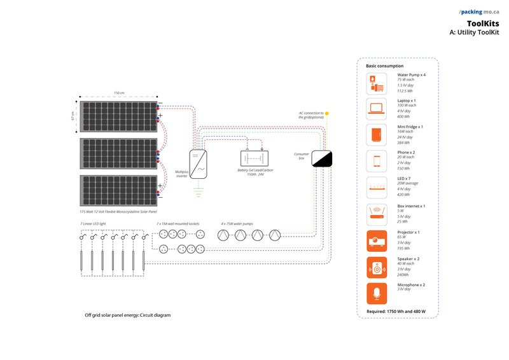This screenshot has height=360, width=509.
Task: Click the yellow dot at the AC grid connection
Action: [327, 113]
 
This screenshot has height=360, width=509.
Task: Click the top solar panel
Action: [118, 116]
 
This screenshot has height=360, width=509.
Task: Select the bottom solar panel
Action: [118, 190]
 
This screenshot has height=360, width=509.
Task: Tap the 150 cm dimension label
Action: [118, 93]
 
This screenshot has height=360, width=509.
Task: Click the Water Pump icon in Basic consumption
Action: [376, 83]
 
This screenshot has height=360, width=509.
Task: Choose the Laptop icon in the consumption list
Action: [376, 109]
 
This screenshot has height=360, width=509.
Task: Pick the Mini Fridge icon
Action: [376, 135]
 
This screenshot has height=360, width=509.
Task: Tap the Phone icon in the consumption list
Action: [376, 161]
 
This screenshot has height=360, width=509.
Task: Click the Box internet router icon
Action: [376, 214]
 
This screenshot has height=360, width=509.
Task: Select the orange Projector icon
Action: [376, 240]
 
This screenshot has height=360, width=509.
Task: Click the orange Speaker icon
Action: [376, 267]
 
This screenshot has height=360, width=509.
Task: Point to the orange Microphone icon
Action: [376, 293]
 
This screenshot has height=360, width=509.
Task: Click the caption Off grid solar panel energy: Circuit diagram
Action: [128, 315]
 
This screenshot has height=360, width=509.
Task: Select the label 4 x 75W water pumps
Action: [237, 224]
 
